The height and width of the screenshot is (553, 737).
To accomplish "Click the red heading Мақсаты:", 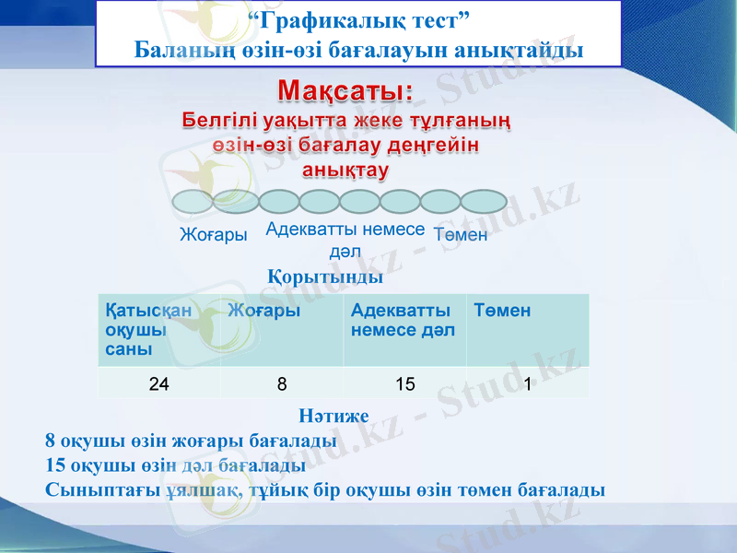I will tap(345, 91).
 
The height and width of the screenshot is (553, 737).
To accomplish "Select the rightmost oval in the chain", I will tap(484, 201).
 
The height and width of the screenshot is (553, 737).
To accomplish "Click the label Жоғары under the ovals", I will tap(213, 235).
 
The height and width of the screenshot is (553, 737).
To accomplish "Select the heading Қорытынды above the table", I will tap(325, 276).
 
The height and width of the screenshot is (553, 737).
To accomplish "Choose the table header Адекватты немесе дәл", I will tap(402, 321).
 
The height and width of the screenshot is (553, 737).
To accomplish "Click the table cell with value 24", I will tap(158, 384).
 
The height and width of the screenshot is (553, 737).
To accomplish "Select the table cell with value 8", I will tap(282, 384).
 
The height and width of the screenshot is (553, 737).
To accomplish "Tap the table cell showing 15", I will tap(404, 384).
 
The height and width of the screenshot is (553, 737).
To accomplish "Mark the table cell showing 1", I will tap(527, 384).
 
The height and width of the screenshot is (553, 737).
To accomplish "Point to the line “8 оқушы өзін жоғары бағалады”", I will tap(191, 441).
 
